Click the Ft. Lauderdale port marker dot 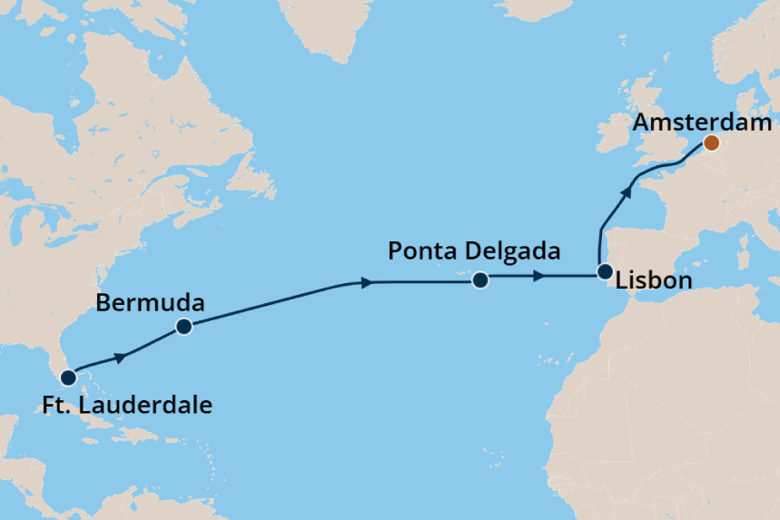click(67, 377)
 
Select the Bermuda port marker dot click(183, 327)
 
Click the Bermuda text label click(150, 302)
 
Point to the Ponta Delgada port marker click(480, 280)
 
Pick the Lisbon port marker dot click(605, 271)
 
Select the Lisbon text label click(653, 280)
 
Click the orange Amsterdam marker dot click(712, 142)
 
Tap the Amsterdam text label click(704, 123)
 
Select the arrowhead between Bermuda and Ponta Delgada click(366, 283)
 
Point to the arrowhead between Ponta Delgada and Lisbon click(538, 276)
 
